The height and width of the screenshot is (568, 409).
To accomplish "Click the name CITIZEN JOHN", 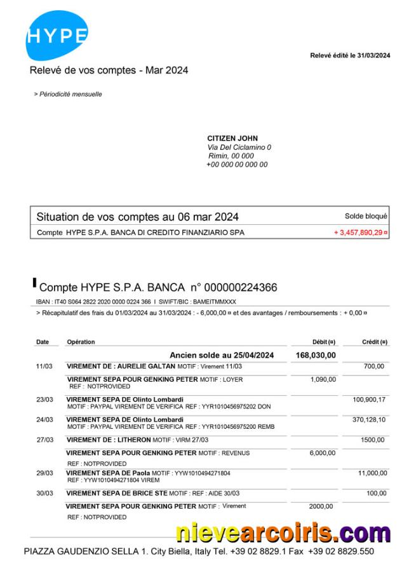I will (232, 139).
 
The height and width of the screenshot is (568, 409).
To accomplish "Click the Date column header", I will (43, 342).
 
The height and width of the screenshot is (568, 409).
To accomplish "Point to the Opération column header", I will (81, 342).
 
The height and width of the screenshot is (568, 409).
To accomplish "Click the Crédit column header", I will (375, 342).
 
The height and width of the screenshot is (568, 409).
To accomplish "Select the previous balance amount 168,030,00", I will (316, 355).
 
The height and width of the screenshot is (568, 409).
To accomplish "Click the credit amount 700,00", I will (373, 367).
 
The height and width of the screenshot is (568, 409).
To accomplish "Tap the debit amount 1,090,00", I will (323, 379).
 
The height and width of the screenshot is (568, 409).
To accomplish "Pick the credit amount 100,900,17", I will (368, 400).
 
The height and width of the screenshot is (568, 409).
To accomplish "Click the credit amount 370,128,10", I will (368, 420).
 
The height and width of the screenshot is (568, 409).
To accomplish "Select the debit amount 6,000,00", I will (323, 453).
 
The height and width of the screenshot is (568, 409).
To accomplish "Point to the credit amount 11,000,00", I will (372, 473).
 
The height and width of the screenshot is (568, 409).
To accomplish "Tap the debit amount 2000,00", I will (321, 506).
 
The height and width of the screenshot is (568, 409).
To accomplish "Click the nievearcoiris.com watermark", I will (283, 532).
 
